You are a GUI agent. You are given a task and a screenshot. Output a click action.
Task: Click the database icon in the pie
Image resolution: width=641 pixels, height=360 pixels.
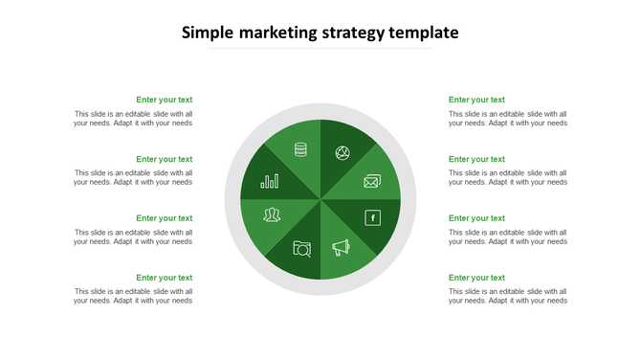coord(300,149)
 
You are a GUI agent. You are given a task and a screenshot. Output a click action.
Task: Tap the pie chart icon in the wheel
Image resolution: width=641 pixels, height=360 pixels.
coord(342,152)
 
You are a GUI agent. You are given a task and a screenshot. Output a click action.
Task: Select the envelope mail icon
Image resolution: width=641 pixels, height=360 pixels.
coord(371,181)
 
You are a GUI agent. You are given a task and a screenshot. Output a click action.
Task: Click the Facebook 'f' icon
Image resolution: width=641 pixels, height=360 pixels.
coord(372,217)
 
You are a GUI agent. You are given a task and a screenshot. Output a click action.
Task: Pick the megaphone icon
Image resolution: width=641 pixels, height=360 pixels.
coord(342,248)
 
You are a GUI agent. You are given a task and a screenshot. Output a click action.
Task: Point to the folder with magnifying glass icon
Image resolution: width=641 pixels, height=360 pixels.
coord(301,249)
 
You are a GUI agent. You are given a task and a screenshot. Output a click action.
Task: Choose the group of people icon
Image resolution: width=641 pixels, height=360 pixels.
coord(272,214)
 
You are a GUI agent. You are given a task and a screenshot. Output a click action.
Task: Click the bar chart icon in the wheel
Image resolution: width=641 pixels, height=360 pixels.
coord(270,180)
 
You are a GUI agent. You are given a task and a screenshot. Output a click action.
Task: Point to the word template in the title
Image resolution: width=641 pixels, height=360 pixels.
coord(424,33)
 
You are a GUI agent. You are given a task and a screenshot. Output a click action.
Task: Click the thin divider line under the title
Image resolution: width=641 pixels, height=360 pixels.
coord(320,48)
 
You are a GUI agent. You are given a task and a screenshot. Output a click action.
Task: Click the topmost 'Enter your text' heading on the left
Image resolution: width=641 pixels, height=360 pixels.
coord(164,100)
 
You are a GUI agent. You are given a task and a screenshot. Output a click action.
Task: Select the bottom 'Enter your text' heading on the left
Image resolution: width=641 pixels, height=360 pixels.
coord(164,278)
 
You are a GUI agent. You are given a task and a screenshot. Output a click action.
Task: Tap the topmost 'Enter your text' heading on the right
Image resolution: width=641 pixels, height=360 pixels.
coord(476,100)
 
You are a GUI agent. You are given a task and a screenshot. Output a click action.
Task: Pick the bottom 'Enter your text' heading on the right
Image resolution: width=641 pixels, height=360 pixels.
coord(476,278)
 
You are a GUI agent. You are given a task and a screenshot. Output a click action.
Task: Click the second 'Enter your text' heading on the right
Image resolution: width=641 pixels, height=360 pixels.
coord(476,159)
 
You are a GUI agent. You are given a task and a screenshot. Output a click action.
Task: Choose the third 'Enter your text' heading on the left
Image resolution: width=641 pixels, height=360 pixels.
coord(164,218)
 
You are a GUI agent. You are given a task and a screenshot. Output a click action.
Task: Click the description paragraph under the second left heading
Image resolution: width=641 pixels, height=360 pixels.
coord(133,177)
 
